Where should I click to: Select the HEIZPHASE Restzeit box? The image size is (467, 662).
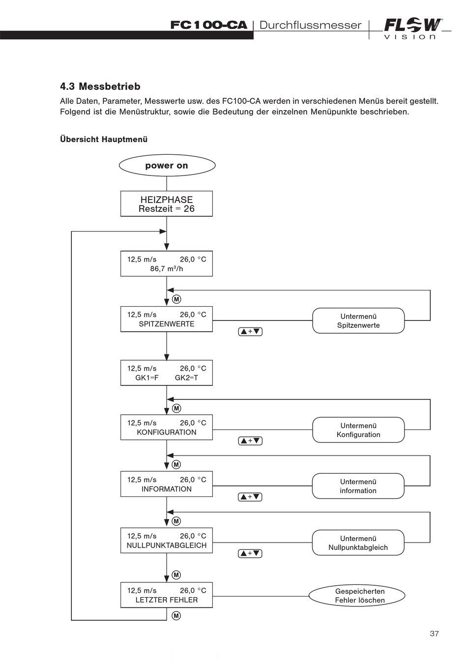pos(167,203)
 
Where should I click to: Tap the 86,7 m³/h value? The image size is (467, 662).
pos(167,269)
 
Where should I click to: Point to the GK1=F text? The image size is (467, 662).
pos(147,378)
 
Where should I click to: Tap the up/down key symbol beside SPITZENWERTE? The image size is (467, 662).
pos(250,332)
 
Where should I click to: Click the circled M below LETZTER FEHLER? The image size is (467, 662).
pos(176,616)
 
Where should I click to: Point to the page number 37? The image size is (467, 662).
pos(434,633)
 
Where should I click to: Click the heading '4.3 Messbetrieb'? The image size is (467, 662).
pos(100,86)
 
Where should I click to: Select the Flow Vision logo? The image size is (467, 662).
pos(413,29)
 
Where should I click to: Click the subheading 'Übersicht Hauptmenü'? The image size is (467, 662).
pos(104,139)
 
